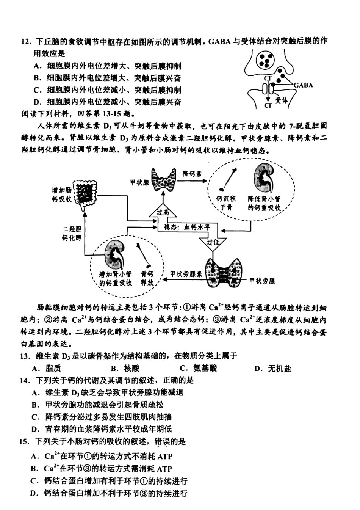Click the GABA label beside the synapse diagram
(x=304, y=85)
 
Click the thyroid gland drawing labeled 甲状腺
(x=164, y=180)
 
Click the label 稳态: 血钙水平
(x=186, y=227)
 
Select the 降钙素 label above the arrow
(x=192, y=174)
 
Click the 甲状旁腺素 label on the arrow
(x=186, y=274)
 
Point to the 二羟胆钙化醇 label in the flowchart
(x=72, y=233)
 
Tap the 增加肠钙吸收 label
(x=61, y=194)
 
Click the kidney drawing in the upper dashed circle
(x=264, y=178)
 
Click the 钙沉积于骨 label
(x=226, y=203)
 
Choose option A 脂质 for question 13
(x=47, y=368)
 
